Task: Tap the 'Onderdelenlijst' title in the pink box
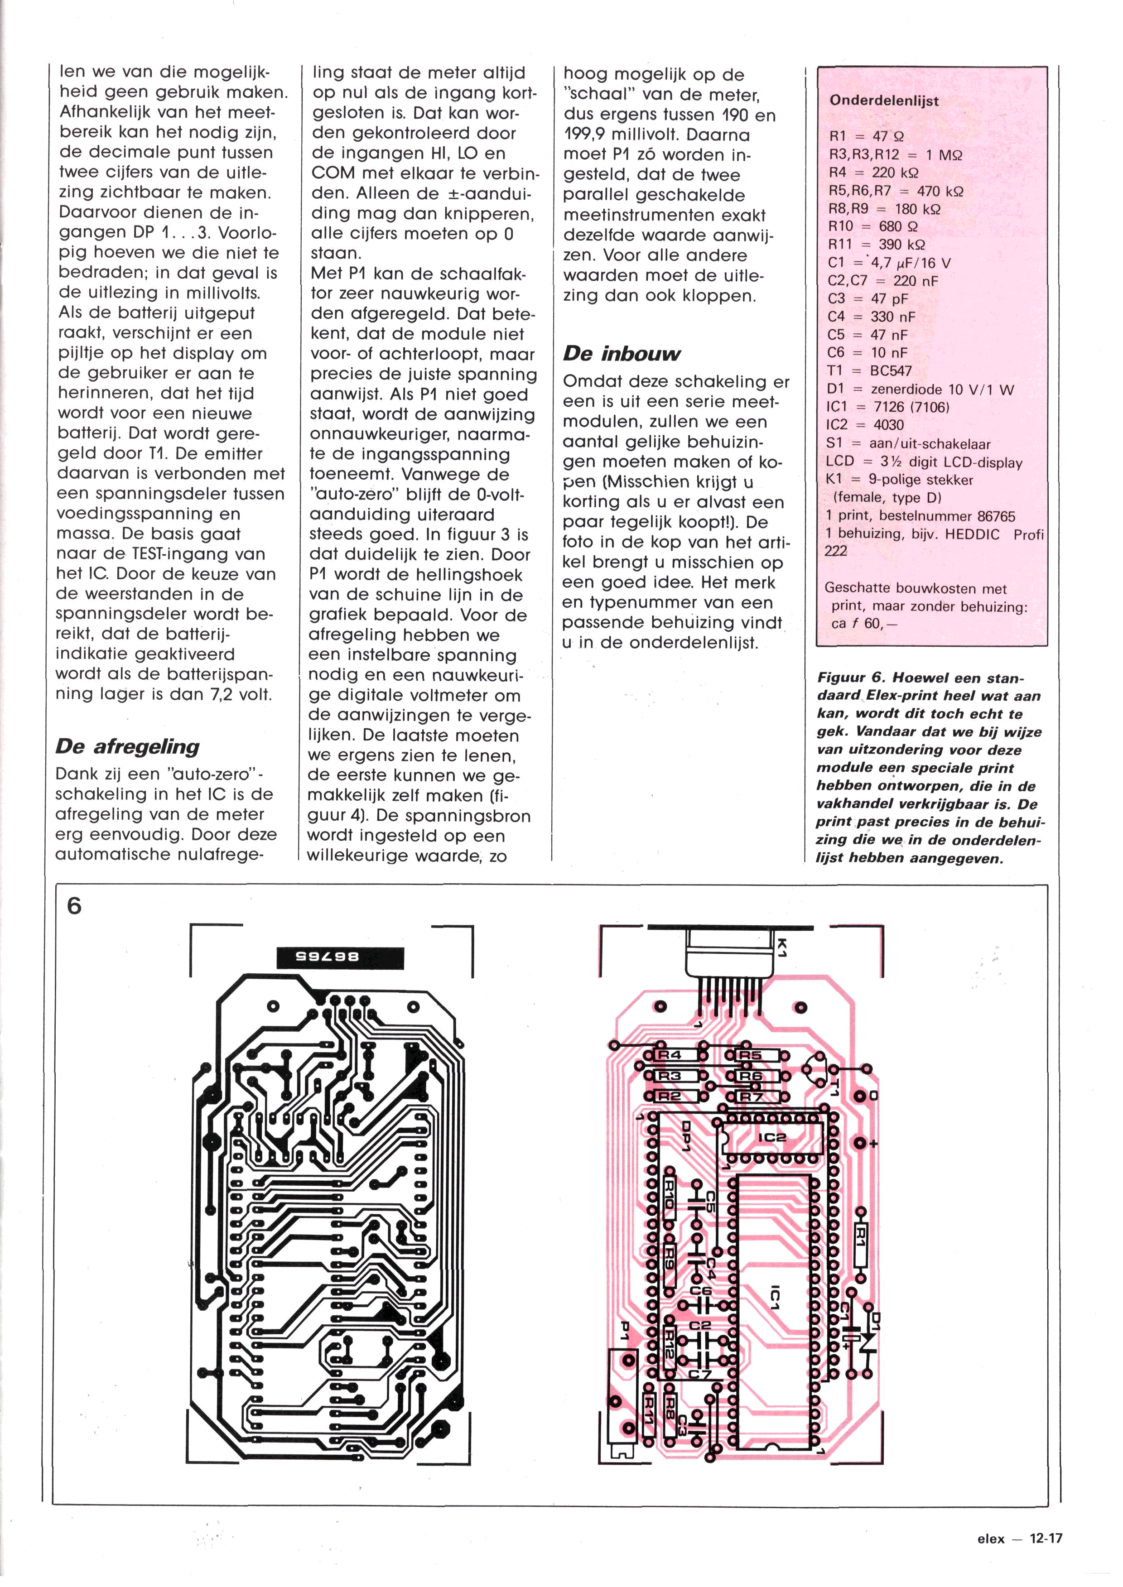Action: (884, 101)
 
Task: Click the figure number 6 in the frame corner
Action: (74, 905)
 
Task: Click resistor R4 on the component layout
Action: (670, 1055)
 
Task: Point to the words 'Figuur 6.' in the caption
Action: (846, 678)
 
